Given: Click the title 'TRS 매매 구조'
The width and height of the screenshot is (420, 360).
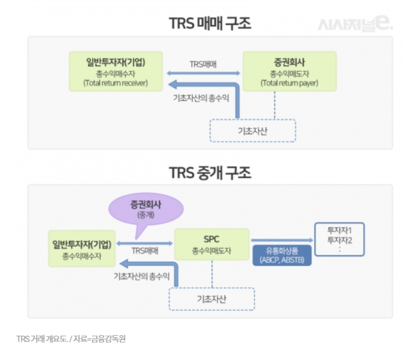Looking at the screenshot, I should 210,24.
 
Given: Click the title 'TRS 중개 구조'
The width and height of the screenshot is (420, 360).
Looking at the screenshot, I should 210,172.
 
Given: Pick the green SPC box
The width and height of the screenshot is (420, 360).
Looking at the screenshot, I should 212,244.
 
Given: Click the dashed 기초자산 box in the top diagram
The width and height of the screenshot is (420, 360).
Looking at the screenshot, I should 253,130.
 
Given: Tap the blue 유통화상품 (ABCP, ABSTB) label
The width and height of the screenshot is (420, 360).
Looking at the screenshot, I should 282,256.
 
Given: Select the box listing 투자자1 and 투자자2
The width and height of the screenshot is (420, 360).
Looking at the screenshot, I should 339,239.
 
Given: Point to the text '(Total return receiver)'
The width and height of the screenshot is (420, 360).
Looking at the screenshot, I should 115,83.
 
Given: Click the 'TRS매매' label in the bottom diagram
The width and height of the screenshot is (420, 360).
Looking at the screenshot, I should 145,250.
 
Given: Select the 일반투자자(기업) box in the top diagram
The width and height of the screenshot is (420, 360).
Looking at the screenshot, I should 115,70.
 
